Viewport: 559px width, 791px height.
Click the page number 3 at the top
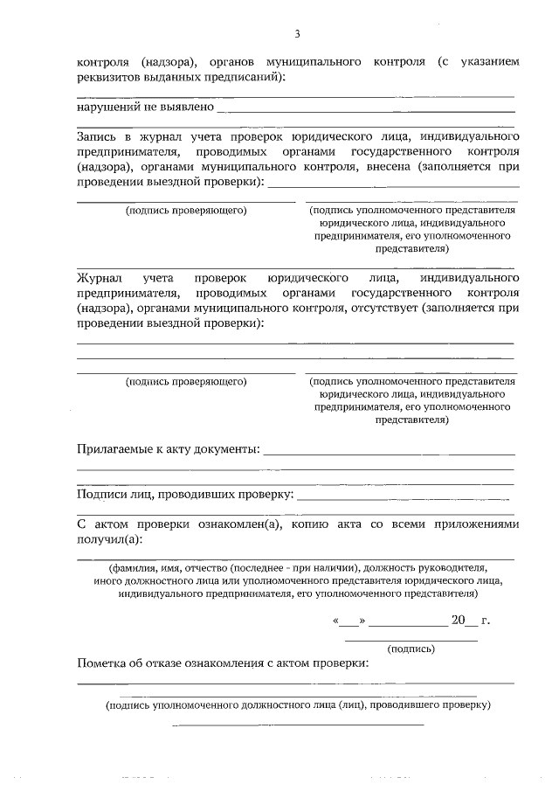coord(297,34)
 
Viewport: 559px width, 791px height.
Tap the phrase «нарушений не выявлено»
coord(145,108)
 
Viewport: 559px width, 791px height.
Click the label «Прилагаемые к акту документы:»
coord(169,449)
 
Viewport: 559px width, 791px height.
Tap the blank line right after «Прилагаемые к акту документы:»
coord(389,453)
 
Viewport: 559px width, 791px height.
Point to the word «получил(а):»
coord(110,540)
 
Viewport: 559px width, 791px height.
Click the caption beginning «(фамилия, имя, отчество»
coord(297,567)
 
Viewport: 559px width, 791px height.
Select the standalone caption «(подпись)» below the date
coord(411,649)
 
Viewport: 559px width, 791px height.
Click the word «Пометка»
coord(103,663)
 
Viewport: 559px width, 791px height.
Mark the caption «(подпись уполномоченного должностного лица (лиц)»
coord(297,704)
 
